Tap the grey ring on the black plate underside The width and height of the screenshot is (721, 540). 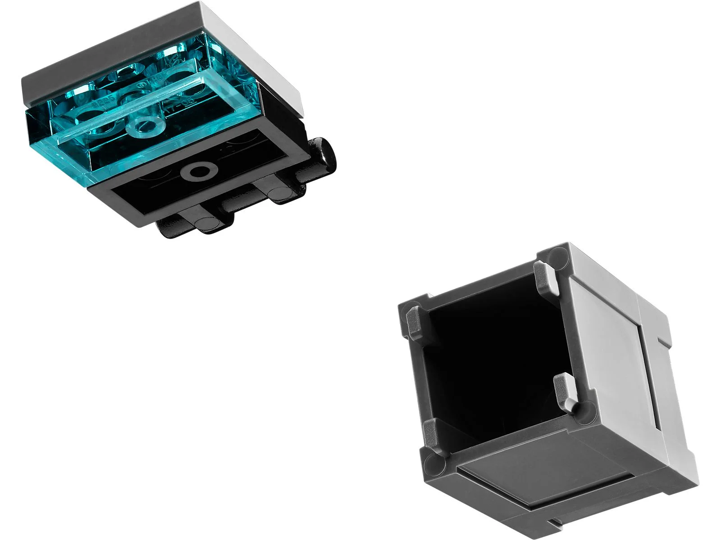(x=197, y=171)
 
